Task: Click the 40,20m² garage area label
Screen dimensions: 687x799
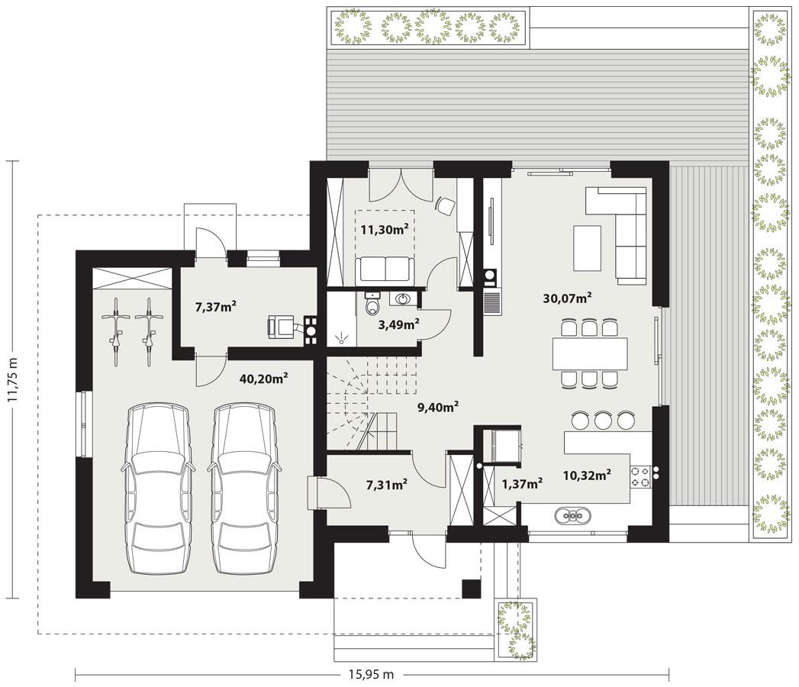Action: [263, 377]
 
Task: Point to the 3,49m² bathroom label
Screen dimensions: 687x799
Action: [398, 324]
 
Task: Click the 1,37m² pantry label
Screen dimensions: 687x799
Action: [522, 482]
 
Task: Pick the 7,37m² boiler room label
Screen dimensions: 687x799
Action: [215, 306]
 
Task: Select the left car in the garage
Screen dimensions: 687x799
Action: [156, 489]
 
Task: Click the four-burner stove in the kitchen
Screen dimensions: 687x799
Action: [640, 476]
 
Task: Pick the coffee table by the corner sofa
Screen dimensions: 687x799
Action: [588, 248]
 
